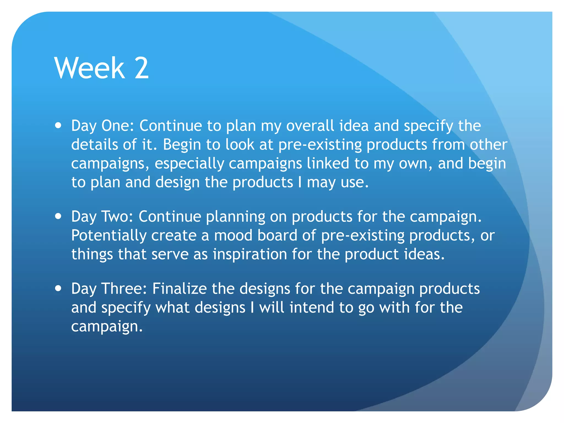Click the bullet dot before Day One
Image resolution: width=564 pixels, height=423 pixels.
pyautogui.click(x=58, y=126)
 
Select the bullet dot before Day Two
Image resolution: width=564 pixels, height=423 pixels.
pyautogui.click(x=58, y=216)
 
